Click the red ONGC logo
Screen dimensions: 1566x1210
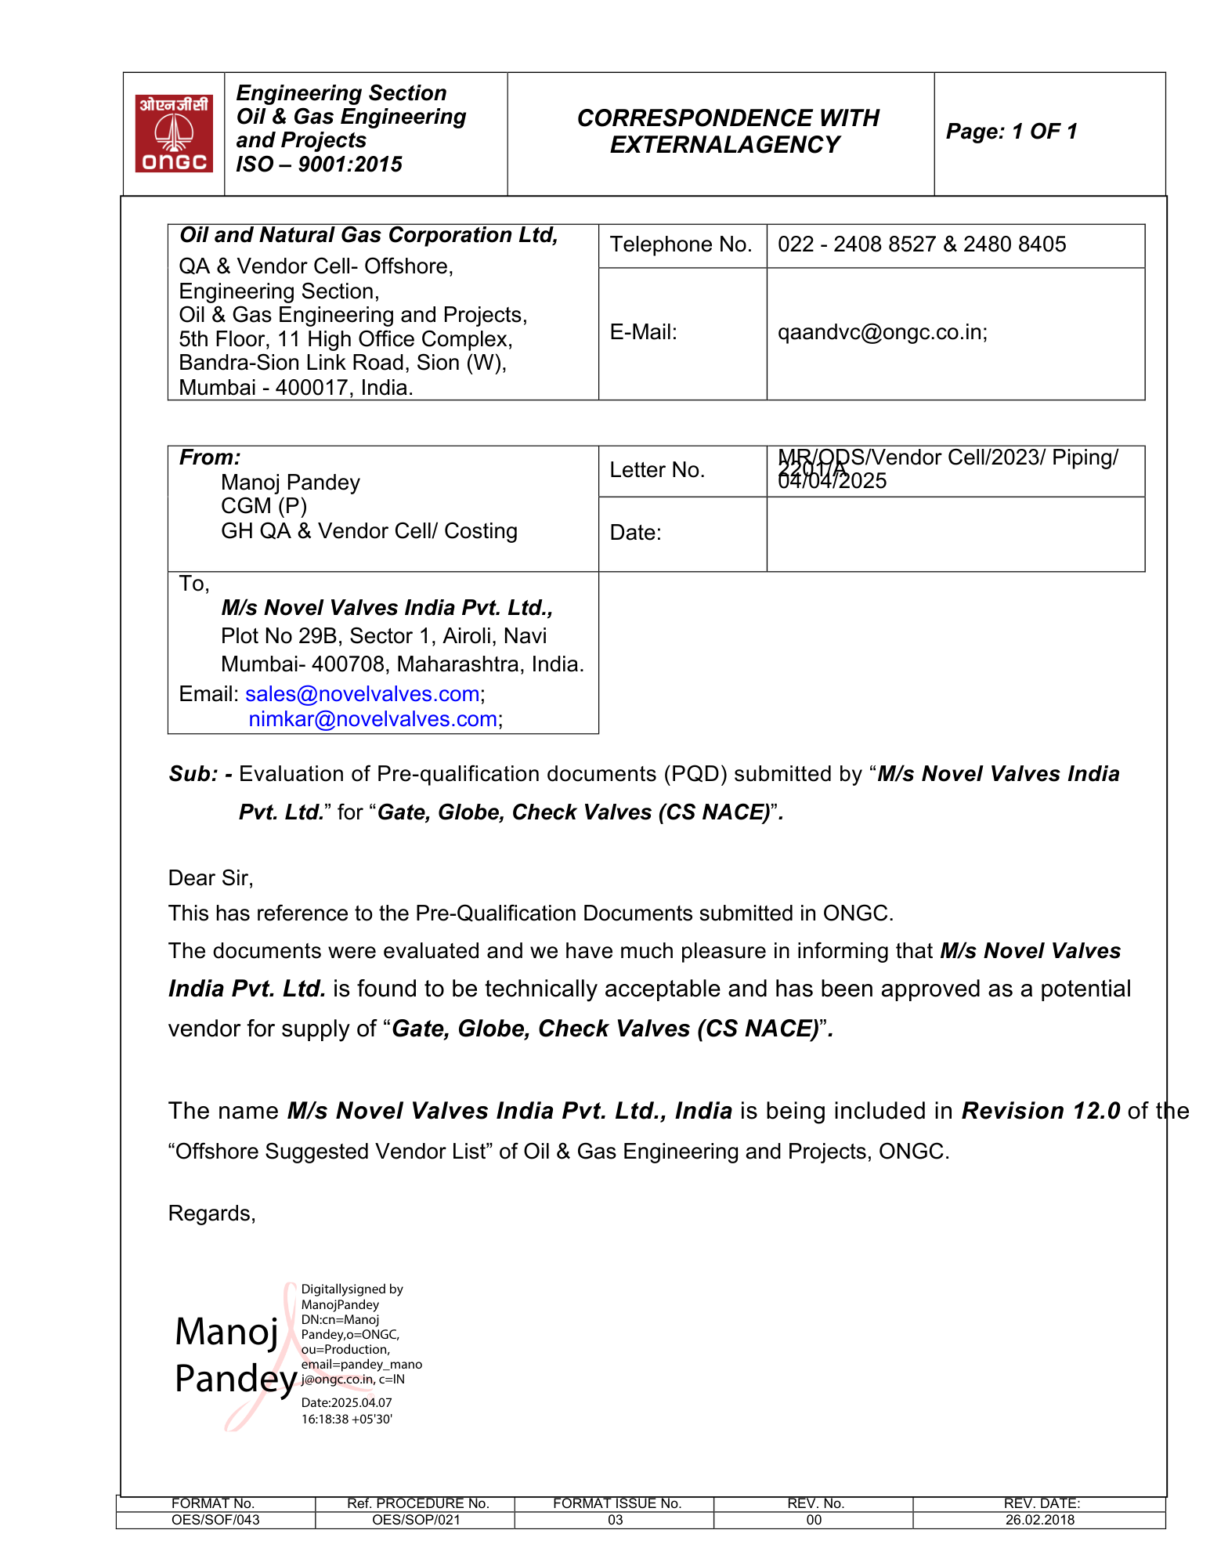(x=174, y=133)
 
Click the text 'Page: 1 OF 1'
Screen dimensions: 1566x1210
(x=1011, y=132)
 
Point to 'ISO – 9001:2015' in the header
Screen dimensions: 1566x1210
(x=319, y=165)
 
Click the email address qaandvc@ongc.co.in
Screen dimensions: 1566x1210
(x=881, y=332)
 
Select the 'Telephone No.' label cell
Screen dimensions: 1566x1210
(x=681, y=244)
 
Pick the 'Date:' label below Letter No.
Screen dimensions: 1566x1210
(x=635, y=533)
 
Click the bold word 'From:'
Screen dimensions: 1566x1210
(x=210, y=458)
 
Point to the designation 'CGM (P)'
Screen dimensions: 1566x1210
(x=264, y=506)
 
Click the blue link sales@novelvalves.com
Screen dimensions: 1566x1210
(x=362, y=694)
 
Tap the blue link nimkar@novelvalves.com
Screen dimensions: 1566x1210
(x=373, y=719)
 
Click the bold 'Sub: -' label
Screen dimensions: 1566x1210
(x=200, y=774)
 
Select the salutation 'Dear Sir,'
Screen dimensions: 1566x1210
(x=211, y=878)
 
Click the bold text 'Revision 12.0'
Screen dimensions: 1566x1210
(x=1040, y=1111)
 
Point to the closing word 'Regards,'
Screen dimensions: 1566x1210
(x=211, y=1213)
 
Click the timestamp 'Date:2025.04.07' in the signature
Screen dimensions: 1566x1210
(x=346, y=1402)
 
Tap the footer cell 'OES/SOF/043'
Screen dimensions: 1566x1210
(x=215, y=1520)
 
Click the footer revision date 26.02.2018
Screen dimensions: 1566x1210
(x=1039, y=1520)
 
